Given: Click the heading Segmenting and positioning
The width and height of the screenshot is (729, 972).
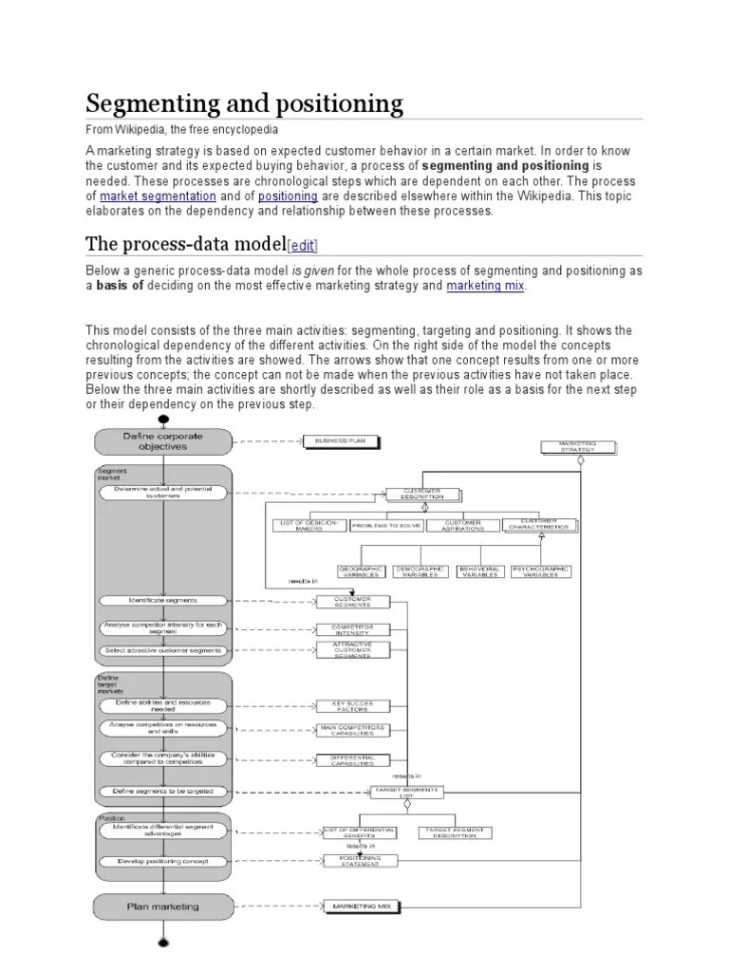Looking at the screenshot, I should click(244, 103).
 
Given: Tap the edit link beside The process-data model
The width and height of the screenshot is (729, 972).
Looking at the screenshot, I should click(304, 245).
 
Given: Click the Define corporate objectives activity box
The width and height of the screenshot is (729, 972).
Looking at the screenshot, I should click(162, 440).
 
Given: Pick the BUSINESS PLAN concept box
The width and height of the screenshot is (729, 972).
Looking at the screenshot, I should click(341, 440).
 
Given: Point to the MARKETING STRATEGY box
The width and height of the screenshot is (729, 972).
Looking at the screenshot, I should click(578, 446).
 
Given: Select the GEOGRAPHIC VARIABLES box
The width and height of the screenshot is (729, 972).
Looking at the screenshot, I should click(387, 571).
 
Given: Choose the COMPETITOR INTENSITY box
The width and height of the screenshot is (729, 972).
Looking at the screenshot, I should click(352, 628).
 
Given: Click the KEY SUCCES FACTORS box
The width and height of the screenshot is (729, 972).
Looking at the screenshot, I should click(352, 706).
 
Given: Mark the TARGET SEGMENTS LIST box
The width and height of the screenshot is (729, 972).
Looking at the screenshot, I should click(406, 792).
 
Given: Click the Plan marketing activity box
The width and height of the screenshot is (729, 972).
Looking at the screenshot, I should click(162, 907).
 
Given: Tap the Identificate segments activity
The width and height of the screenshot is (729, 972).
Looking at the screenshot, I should click(163, 601).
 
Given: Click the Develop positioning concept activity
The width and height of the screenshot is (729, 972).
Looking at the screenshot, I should click(163, 861).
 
